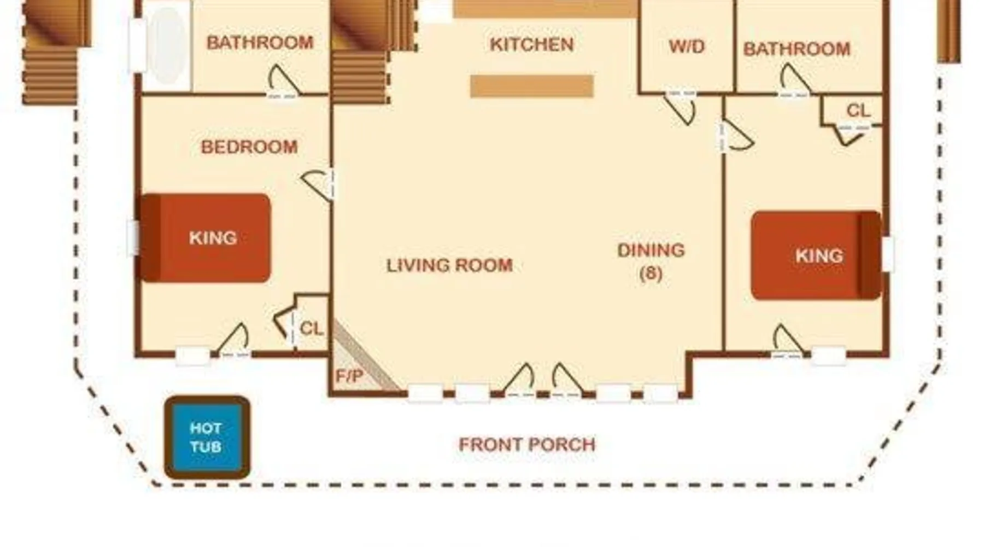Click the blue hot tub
(207, 437)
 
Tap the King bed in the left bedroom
(206, 238)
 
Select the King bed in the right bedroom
(816, 255)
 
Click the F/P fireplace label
(349, 376)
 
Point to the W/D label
(687, 46)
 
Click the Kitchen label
(531, 44)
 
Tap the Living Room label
(449, 266)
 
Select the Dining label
(651, 250)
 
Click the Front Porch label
(527, 445)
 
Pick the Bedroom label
(249, 147)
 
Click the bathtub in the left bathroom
(166, 46)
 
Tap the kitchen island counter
(532, 86)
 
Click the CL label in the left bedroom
(312, 329)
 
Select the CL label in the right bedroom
(858, 111)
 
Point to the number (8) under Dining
(651, 273)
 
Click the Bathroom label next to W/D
(796, 49)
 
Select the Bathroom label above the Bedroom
(260, 43)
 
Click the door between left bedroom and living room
(319, 185)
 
